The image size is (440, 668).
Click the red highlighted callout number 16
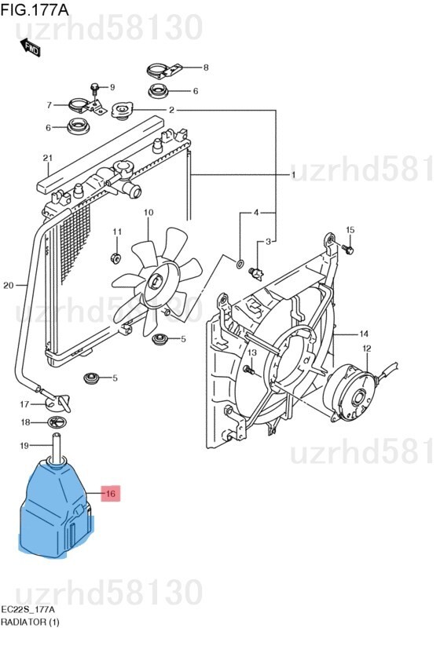click(x=111, y=494)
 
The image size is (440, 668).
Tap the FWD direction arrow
click(x=31, y=47)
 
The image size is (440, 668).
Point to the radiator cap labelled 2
click(x=123, y=111)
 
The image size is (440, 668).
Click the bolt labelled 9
click(x=94, y=89)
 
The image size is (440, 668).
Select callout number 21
click(x=48, y=158)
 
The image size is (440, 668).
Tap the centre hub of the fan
click(x=156, y=282)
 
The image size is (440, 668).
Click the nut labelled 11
click(x=115, y=257)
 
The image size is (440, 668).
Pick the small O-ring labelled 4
click(x=240, y=264)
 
